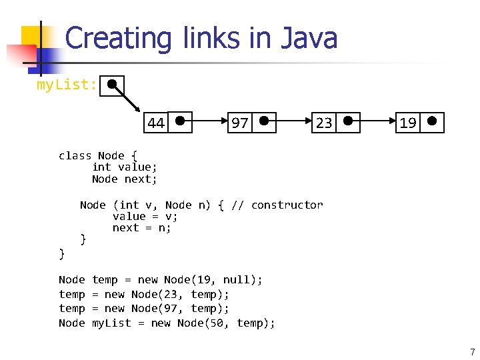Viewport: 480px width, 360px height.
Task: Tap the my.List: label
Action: [67, 85]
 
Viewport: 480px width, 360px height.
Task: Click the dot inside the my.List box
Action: [113, 85]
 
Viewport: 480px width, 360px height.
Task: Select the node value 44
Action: [156, 123]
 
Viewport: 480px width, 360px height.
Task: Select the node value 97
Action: [239, 123]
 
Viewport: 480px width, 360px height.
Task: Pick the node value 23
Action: [324, 123]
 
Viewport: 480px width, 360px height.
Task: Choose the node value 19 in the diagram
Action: [408, 123]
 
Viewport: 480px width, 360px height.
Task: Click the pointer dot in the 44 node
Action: [180, 121]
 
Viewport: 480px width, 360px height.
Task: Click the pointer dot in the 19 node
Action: [432, 121]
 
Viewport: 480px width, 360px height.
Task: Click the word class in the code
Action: [75, 155]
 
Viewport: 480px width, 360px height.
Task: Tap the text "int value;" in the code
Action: [125, 167]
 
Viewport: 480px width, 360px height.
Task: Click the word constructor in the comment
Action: [287, 205]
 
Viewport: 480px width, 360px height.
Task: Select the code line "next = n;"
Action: [141, 227]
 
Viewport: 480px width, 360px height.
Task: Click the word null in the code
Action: [236, 280]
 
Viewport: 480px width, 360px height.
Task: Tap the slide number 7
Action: [472, 351]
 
